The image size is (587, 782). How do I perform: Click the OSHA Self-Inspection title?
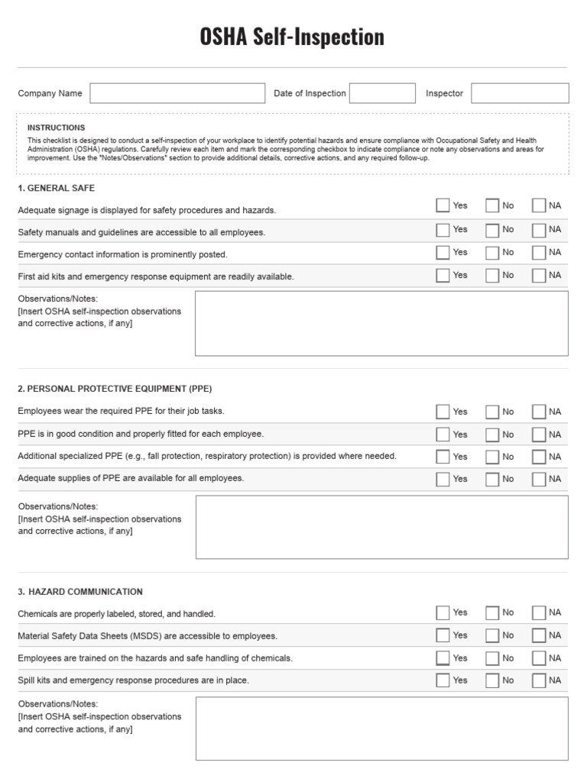point(292,36)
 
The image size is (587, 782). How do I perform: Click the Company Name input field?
point(177,93)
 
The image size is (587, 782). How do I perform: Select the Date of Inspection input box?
point(382,93)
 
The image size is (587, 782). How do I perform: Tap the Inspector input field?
point(520,93)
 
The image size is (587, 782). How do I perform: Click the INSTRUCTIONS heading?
point(56,128)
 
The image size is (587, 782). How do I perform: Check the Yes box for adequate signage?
point(443,205)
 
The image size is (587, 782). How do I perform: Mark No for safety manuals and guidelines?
point(492,230)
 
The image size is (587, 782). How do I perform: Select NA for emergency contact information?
point(539,253)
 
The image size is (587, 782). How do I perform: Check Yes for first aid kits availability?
point(443,276)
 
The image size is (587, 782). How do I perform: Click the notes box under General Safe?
point(381,323)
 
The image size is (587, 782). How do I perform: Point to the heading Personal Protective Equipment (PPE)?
point(115,388)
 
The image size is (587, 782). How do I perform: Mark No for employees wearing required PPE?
point(492,412)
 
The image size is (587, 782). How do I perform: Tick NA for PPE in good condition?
point(539,435)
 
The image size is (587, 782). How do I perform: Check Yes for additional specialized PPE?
point(443,457)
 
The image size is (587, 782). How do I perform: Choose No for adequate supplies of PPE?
point(492,479)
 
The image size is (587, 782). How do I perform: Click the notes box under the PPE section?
point(381,527)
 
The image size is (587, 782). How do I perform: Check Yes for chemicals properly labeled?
point(443,612)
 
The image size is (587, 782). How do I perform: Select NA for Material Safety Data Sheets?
point(539,635)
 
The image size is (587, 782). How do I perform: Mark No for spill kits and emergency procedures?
point(492,680)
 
